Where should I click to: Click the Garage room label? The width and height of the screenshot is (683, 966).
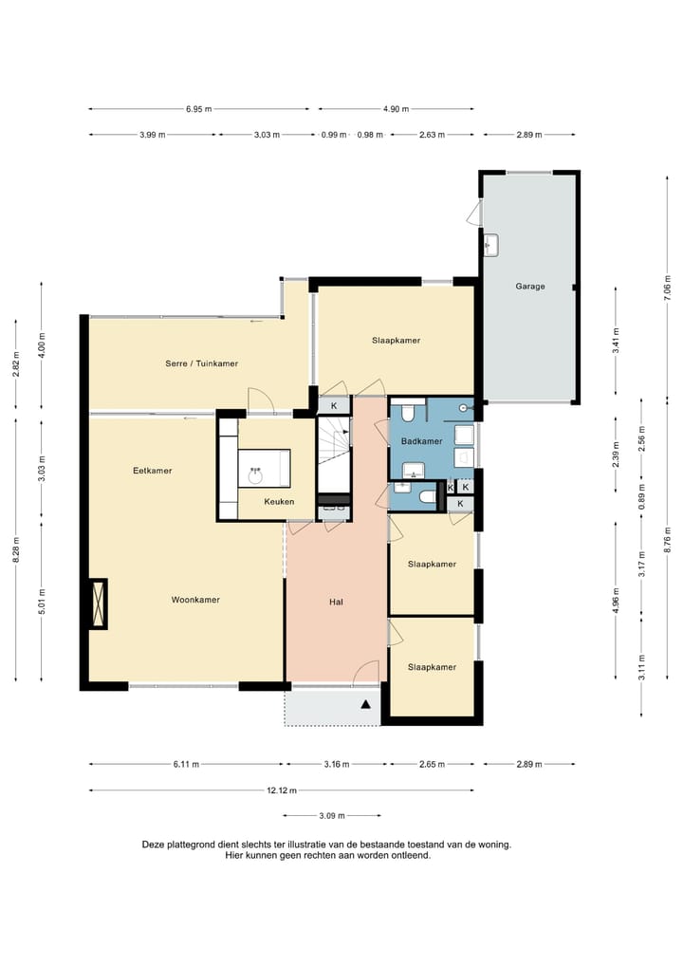(x=529, y=286)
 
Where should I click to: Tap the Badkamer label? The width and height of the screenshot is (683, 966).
(x=421, y=441)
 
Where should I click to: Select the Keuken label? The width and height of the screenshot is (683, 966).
(x=279, y=501)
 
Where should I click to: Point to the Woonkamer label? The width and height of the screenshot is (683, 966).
(x=195, y=600)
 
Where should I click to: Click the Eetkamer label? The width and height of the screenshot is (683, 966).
(x=152, y=471)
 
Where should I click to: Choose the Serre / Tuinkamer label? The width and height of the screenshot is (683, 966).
(x=201, y=363)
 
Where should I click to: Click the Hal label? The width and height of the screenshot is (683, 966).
(x=336, y=602)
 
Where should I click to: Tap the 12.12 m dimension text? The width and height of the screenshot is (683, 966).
(x=282, y=790)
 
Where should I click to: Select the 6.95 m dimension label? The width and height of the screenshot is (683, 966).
(x=199, y=109)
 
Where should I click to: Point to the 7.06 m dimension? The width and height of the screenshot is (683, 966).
(x=667, y=288)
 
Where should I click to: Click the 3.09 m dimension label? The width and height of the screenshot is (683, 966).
(x=332, y=816)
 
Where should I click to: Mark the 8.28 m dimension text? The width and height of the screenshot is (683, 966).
(x=16, y=549)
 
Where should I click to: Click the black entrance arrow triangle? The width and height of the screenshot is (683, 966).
(x=366, y=704)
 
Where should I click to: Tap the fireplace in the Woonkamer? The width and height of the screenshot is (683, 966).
(x=98, y=604)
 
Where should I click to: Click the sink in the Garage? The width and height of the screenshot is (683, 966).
(x=491, y=245)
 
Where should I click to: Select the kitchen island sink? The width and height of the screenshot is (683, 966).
(x=255, y=475)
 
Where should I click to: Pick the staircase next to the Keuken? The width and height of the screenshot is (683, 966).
(x=333, y=455)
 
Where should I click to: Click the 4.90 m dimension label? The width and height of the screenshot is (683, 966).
(x=396, y=109)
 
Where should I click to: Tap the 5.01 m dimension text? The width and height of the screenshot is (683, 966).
(x=42, y=602)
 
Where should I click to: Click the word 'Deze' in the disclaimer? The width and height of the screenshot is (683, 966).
(x=153, y=845)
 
